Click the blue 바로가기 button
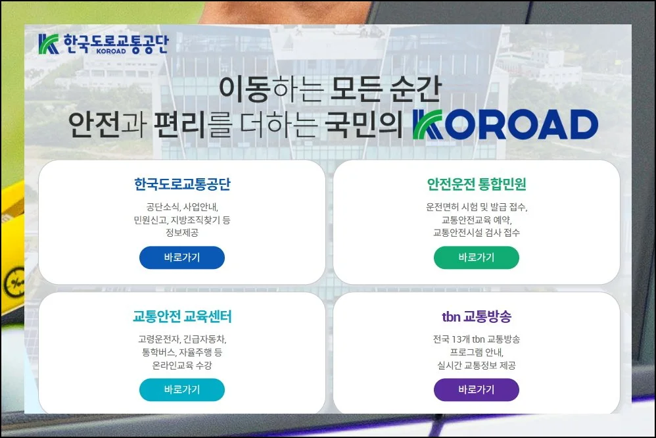[x=181, y=258]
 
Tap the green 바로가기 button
[x=476, y=258]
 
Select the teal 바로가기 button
[x=181, y=389]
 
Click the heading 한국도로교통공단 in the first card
[x=181, y=183]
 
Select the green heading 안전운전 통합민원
[x=476, y=183]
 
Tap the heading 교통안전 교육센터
[x=181, y=316]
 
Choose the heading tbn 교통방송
[x=476, y=316]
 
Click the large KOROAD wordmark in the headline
[x=505, y=125]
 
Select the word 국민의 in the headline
[x=363, y=125]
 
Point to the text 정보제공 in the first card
[x=181, y=233]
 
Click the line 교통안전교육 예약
[x=476, y=220]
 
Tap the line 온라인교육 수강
[x=181, y=365]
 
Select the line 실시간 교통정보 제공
[x=476, y=365]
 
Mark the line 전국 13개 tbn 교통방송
[x=476, y=339]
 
